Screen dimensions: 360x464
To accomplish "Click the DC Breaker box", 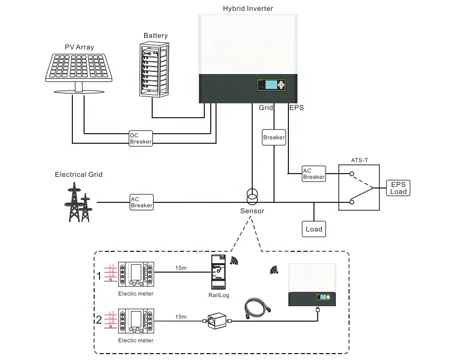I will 141,138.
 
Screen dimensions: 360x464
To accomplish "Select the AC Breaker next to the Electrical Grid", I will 142,202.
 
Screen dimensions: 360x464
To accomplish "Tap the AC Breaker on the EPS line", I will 313,174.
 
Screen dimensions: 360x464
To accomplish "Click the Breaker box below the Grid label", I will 274,137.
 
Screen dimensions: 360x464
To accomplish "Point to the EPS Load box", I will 399,188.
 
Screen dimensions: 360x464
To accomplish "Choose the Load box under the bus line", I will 314,229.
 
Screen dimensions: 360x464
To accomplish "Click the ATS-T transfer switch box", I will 359,188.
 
